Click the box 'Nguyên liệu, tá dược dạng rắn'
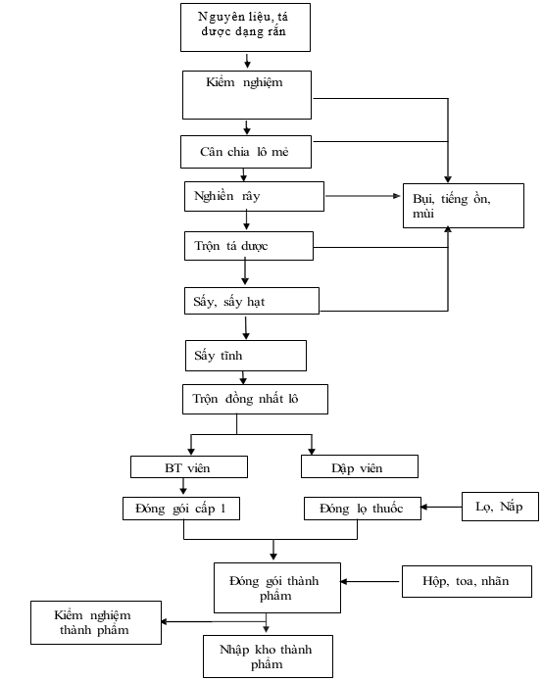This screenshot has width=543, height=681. (245, 27)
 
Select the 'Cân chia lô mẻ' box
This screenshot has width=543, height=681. (246, 152)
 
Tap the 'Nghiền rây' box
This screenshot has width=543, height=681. (254, 196)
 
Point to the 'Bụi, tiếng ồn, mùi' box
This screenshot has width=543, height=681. (464, 206)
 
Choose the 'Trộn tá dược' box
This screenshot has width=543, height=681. (249, 246)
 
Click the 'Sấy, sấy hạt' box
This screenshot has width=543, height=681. (252, 301)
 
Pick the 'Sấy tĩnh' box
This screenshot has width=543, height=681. (246, 356)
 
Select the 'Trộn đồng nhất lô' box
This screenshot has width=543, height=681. (255, 399)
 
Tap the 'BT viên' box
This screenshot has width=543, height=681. (189, 466)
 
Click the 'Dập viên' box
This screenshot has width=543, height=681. (360, 466)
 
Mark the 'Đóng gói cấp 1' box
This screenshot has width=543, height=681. (181, 509)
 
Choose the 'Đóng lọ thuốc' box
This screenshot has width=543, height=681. (363, 509)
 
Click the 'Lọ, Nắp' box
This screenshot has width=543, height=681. (500, 507)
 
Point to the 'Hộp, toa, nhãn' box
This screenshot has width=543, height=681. (467, 581)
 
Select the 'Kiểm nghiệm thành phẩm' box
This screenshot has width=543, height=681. (96, 622)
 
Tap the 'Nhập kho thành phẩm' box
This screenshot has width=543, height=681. (268, 657)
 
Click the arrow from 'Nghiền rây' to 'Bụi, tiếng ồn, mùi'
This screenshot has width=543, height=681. (363, 196)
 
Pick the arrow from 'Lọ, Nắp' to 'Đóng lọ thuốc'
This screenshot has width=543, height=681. (441, 507)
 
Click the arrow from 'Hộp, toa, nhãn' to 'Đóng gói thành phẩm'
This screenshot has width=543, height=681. (370, 581)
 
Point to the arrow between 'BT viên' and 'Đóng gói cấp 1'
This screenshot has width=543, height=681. (183, 486)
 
